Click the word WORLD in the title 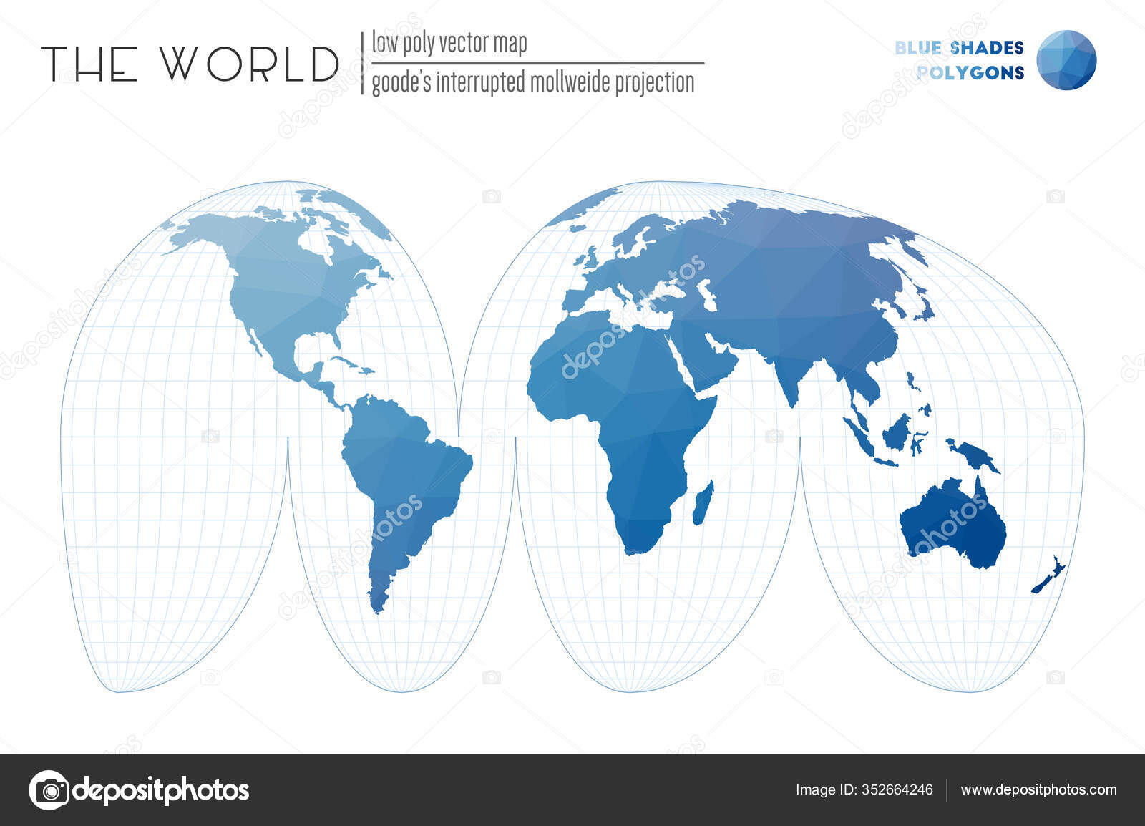click(x=250, y=64)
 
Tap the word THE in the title click(x=90, y=64)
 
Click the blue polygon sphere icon click(x=1066, y=60)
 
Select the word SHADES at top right click(x=988, y=48)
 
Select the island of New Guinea click(x=972, y=456)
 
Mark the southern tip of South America click(x=376, y=609)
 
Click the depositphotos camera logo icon click(x=49, y=790)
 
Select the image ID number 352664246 click(x=898, y=790)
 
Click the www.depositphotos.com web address click(x=1038, y=790)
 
